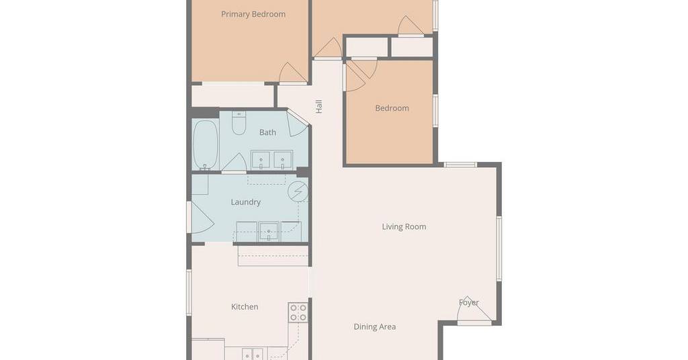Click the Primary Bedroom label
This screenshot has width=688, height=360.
[253, 14]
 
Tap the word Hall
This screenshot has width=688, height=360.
[319, 107]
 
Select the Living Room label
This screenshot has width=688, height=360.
[404, 227]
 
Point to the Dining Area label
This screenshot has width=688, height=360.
[375, 326]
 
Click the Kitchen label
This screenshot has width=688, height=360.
[245, 306]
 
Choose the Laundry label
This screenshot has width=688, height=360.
[246, 202]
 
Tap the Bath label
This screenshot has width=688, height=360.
[267, 132]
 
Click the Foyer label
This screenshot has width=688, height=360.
[468, 302]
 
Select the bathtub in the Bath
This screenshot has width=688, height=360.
[206, 145]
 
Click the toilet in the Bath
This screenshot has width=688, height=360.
[239, 123]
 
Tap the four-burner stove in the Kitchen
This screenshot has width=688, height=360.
[298, 312]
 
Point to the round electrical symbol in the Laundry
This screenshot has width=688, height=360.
[298, 191]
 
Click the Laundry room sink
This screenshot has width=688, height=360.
[269, 231]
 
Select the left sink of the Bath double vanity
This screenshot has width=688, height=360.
[261, 160]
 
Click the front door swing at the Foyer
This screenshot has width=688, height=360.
[474, 310]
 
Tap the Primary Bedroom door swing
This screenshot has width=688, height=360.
[293, 73]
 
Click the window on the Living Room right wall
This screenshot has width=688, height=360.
[499, 249]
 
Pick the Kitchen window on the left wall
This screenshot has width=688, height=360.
[189, 292]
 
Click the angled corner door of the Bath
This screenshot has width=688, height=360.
[297, 123]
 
